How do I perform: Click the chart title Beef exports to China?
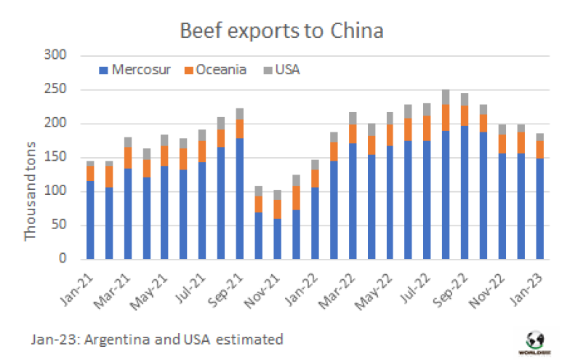[x=281, y=31]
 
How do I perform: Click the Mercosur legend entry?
[x=130, y=70]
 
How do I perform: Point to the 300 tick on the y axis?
[x=55, y=56]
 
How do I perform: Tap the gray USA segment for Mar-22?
[x=353, y=118]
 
